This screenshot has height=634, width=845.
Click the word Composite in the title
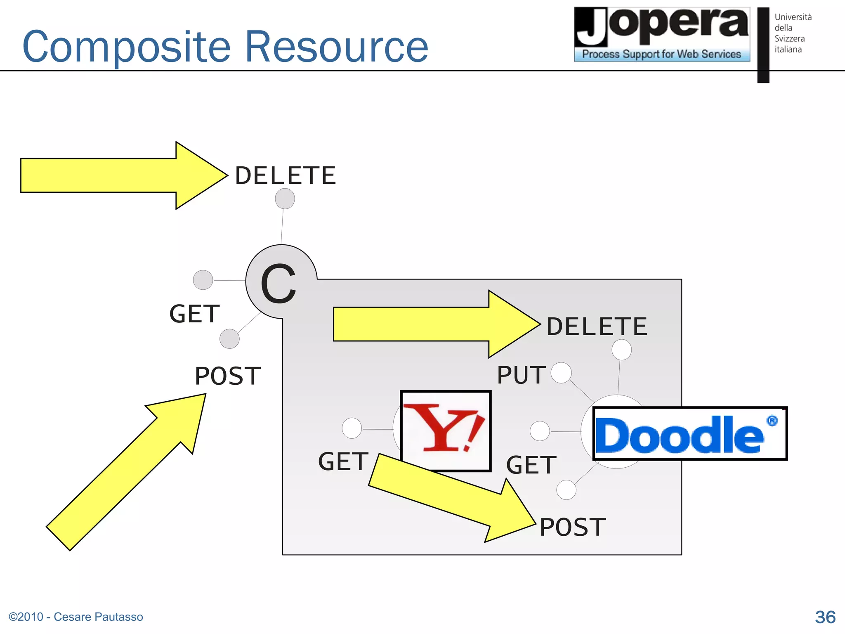click(x=126, y=47)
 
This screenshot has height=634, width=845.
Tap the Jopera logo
click(x=662, y=34)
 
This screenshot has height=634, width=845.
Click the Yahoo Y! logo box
click(x=446, y=431)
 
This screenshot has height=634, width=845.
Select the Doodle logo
click(x=689, y=433)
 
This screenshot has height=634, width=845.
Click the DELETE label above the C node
click(x=286, y=175)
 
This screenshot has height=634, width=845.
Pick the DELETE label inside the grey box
click(x=597, y=326)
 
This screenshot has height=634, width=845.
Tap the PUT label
click(x=522, y=375)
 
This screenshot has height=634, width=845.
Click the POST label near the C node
click(x=228, y=376)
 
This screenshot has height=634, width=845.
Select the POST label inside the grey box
click(x=573, y=527)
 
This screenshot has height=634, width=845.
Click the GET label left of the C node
click(x=194, y=314)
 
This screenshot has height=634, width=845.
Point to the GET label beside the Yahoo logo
click(x=343, y=461)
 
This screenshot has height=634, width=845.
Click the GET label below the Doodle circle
click(x=531, y=465)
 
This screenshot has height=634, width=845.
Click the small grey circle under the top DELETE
click(x=285, y=199)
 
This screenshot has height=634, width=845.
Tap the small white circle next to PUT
click(x=561, y=373)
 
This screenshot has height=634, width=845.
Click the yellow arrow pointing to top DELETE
click(x=120, y=175)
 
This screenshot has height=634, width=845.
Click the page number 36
click(x=825, y=617)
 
